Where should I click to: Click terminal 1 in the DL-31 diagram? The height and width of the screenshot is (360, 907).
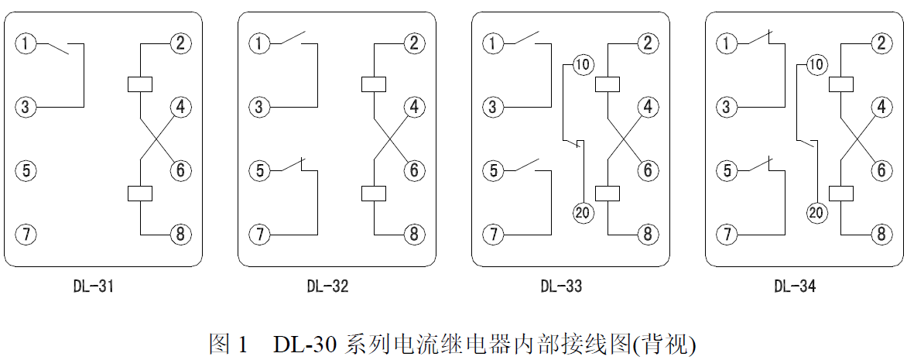click(26, 43)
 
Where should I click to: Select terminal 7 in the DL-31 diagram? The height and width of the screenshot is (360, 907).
click(26, 234)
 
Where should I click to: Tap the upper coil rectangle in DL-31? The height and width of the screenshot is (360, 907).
click(140, 84)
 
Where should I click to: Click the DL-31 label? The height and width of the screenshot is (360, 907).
click(93, 287)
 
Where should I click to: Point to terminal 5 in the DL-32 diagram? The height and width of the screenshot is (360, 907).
click(259, 170)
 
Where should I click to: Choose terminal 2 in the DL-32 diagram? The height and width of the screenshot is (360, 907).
click(414, 43)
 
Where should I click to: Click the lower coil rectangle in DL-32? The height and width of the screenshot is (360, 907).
click(374, 193)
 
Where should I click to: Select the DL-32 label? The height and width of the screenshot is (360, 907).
click(327, 287)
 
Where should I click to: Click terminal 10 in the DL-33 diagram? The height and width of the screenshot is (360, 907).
click(582, 65)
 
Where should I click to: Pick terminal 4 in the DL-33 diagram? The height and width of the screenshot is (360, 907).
click(648, 107)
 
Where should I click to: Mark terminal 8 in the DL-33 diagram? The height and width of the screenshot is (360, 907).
click(648, 234)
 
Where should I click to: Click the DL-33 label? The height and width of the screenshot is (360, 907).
click(561, 287)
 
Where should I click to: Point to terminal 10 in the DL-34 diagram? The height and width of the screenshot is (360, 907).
click(816, 65)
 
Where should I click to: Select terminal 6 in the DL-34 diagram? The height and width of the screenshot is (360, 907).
click(881, 170)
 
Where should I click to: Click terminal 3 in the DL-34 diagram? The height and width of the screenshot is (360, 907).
click(726, 107)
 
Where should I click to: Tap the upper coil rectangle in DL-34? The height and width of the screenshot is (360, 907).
click(840, 84)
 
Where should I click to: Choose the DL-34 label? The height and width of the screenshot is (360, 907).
click(795, 287)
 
